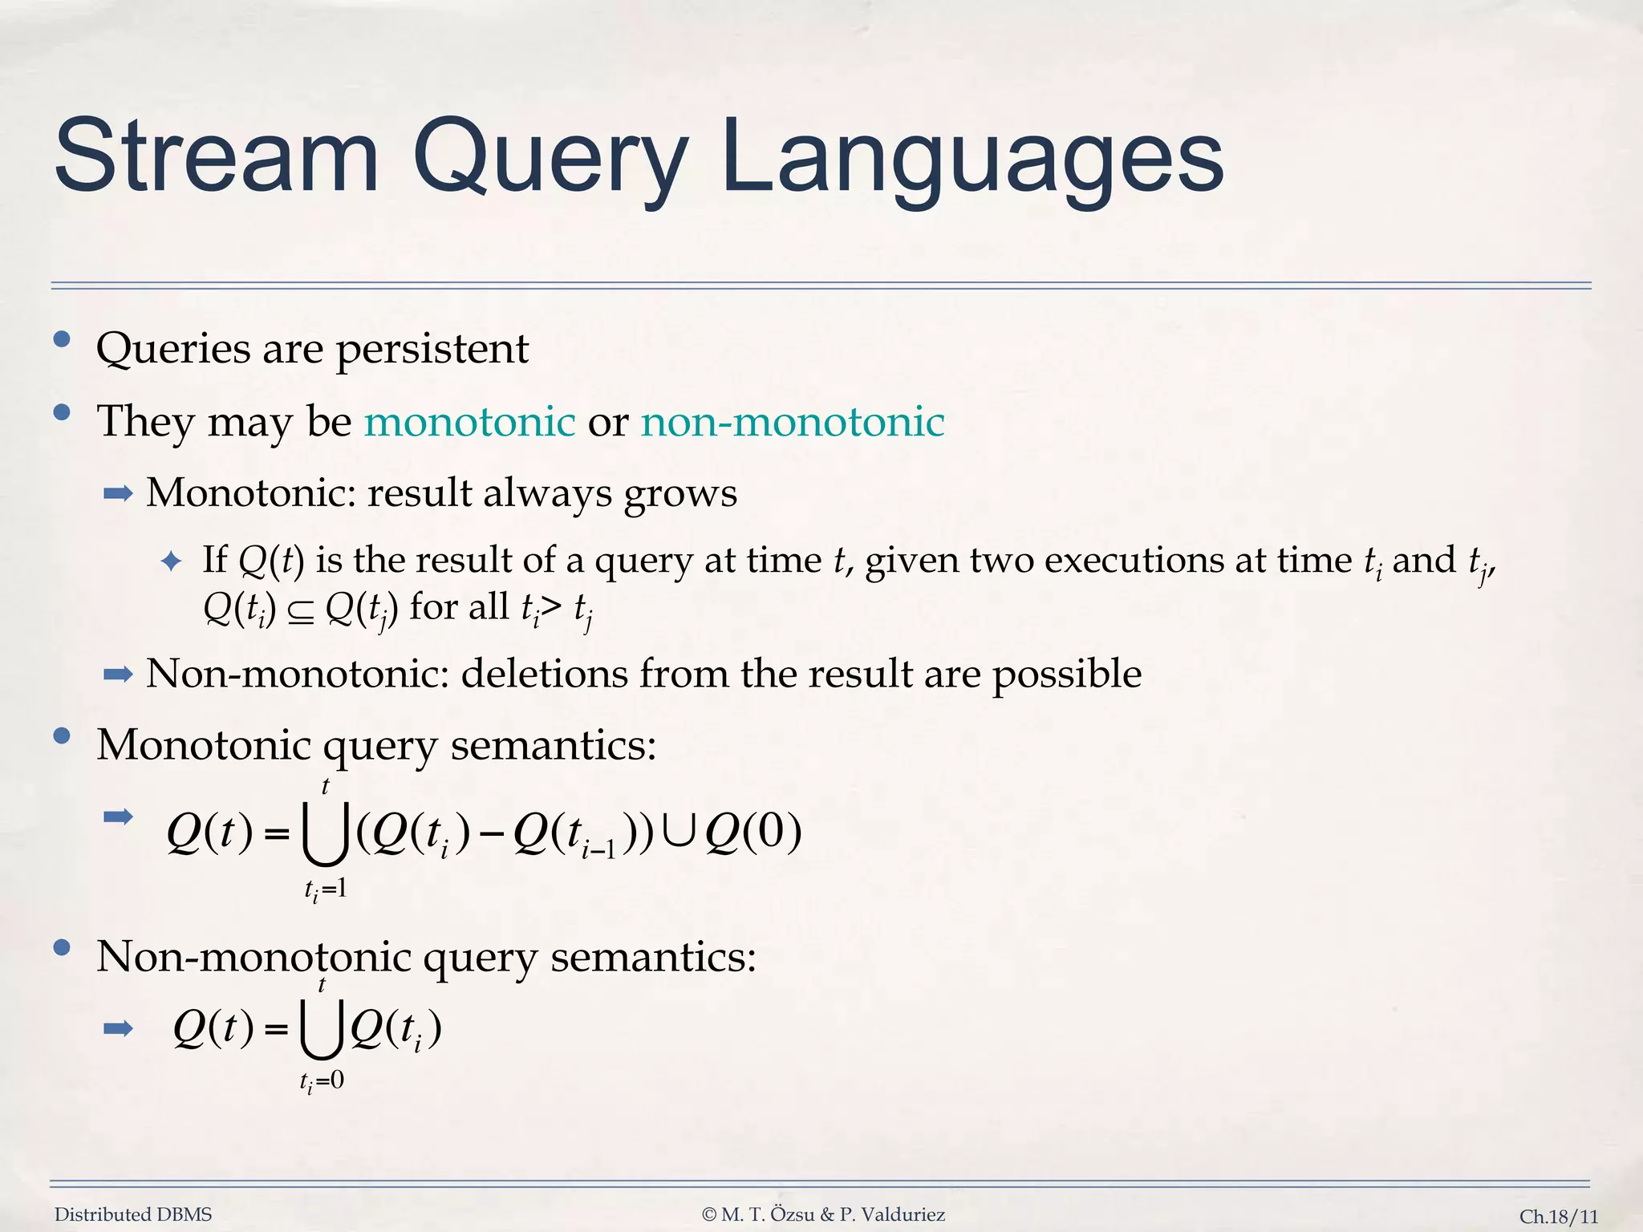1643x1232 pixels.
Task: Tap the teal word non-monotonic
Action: [792, 422]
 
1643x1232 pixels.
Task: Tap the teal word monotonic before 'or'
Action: [469, 422]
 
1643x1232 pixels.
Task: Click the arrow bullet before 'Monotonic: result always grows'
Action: [118, 494]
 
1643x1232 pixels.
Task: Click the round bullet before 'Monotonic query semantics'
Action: [62, 736]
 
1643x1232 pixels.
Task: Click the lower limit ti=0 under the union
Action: [322, 1082]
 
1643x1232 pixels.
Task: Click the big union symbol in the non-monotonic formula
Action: [323, 1030]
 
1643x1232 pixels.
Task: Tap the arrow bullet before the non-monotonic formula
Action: [118, 1028]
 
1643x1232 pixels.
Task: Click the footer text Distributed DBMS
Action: [133, 1214]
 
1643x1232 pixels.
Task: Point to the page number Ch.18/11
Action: [1558, 1216]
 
